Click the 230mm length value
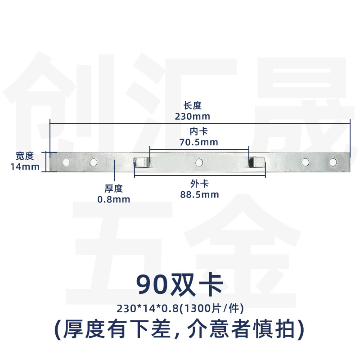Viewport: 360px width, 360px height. point(193,117)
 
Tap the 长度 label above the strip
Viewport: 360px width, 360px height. point(193,106)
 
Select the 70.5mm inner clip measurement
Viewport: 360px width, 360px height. point(198,142)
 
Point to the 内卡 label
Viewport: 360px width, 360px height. point(199,131)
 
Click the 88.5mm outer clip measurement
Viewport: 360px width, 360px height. point(199,195)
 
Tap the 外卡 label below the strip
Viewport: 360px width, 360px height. point(199,184)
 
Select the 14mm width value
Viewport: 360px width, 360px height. point(25,166)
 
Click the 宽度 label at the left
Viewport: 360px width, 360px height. point(25,156)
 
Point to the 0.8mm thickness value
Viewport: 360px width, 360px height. point(114,199)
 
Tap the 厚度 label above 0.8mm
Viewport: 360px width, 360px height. point(114,189)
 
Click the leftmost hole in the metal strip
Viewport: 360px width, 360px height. point(66,162)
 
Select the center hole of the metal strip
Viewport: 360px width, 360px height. point(199,162)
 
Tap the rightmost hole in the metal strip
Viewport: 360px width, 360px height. point(333,162)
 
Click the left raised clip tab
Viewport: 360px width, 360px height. point(141,162)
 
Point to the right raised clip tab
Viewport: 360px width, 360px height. point(256,162)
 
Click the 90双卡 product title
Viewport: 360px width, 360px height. point(180,285)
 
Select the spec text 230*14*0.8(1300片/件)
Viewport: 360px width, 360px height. point(180,308)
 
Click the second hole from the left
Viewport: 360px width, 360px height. point(94,162)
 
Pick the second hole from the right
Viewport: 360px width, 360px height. point(305,162)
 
